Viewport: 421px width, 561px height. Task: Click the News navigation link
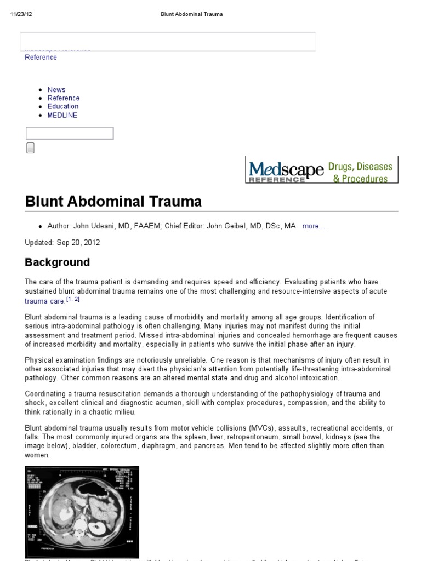coord(56,90)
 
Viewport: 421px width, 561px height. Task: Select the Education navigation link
coord(62,106)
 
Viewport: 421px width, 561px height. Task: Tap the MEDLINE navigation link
coord(62,115)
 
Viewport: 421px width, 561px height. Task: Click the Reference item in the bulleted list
coord(63,98)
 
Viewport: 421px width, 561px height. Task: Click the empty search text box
coord(70,133)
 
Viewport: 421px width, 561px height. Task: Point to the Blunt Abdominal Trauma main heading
coord(113,202)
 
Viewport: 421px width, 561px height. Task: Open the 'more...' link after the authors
coord(314,226)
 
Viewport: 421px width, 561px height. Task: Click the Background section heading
coord(57,262)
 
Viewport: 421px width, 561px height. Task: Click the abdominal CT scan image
coord(82,504)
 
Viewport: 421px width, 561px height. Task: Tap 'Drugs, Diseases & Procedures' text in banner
coord(361,172)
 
